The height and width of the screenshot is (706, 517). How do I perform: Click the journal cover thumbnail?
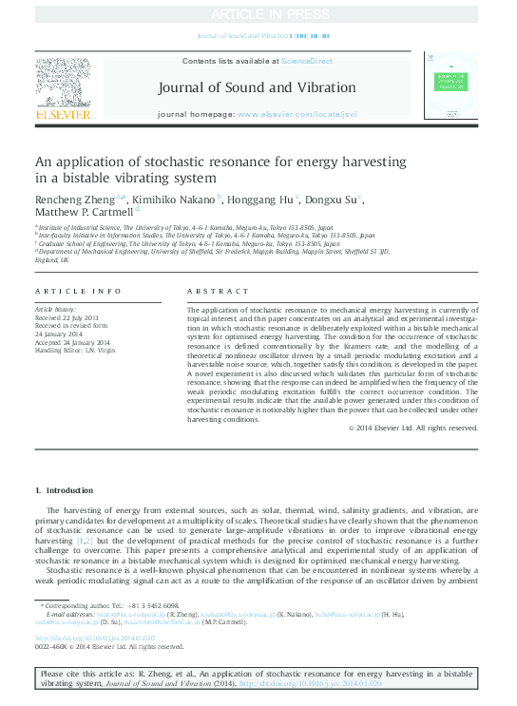coord(450,87)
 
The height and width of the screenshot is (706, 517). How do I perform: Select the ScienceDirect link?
coord(307,61)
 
